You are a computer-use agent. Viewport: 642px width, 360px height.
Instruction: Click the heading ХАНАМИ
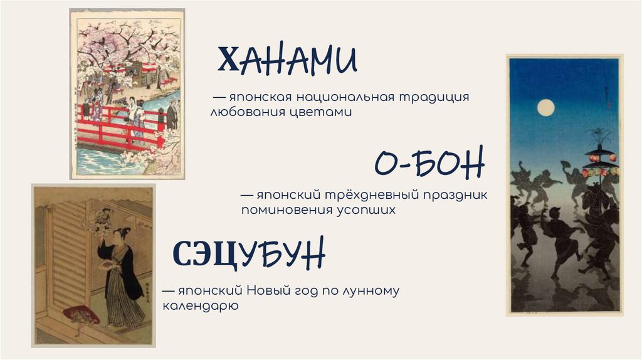point(287,61)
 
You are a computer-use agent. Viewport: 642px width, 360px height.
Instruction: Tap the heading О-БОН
point(429,164)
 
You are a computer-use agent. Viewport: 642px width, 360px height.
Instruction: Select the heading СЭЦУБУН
point(249,254)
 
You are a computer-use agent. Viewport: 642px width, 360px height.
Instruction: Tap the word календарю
point(199,307)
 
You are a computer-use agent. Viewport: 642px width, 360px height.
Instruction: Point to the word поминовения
point(282,210)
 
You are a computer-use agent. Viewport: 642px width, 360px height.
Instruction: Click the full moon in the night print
point(546,108)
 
